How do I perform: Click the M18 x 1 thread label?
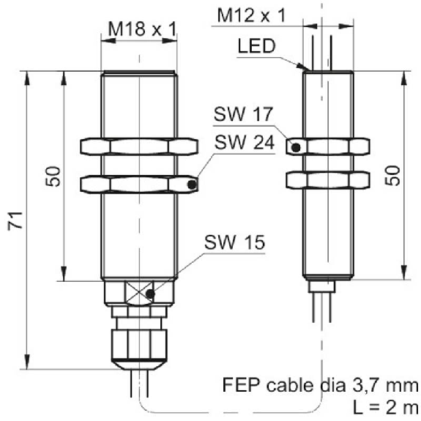tap(142, 29)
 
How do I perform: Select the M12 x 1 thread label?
tap(251, 15)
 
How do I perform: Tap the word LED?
tap(257, 46)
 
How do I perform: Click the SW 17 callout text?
tap(243, 113)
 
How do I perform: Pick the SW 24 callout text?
tap(245, 142)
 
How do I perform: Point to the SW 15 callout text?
tap(235, 242)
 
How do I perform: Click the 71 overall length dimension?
tap(15, 220)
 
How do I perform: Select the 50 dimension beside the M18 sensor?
tap(53, 176)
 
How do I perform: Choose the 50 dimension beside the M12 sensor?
tap(392, 176)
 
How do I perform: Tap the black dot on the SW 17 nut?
tap(296, 147)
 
